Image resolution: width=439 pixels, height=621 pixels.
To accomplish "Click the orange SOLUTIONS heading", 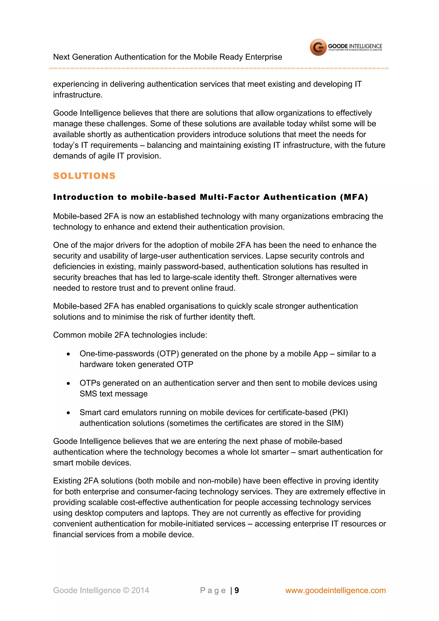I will [x=84, y=176].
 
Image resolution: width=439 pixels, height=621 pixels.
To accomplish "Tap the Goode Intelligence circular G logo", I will [x=318, y=47].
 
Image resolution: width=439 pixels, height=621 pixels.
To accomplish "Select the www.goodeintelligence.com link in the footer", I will [x=335, y=590].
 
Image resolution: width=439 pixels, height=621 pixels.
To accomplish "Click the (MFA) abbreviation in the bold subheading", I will [x=354, y=197].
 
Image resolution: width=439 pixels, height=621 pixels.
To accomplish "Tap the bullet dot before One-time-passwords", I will [x=68, y=354].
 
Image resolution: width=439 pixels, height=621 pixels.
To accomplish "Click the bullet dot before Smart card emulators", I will [x=68, y=413].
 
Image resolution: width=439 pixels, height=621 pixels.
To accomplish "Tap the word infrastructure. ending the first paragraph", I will [x=78, y=95].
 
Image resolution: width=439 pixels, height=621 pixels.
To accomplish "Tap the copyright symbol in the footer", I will [x=126, y=590].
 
